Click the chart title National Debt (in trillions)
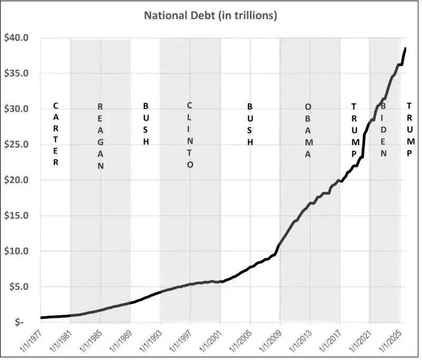(x=211, y=16)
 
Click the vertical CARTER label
(x=56, y=134)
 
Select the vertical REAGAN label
(x=100, y=136)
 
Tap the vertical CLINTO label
(x=190, y=134)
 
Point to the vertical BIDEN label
(x=384, y=129)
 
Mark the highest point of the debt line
(x=405, y=48)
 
